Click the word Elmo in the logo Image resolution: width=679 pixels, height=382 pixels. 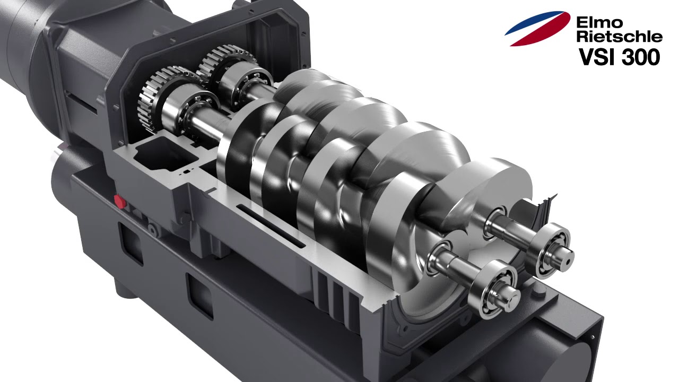[599, 22]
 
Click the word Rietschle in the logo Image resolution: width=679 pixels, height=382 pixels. [619, 36]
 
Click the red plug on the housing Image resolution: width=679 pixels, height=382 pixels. [120, 202]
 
